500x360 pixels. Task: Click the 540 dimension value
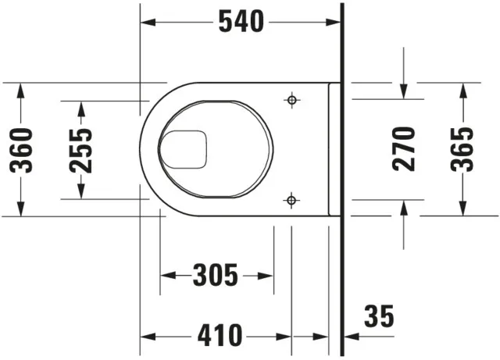click(x=241, y=23)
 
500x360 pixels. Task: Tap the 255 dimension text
click(x=80, y=149)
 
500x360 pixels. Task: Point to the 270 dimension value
click(x=404, y=148)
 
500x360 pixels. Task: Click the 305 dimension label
click(x=215, y=275)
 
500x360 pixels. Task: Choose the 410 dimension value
click(x=219, y=337)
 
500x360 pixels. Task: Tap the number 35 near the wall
click(x=379, y=317)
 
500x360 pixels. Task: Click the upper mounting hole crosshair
click(x=291, y=100)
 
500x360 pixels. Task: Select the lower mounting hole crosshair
click(x=291, y=200)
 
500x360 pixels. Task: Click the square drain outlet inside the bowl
click(x=183, y=149)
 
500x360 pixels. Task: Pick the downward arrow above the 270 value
click(x=404, y=91)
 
